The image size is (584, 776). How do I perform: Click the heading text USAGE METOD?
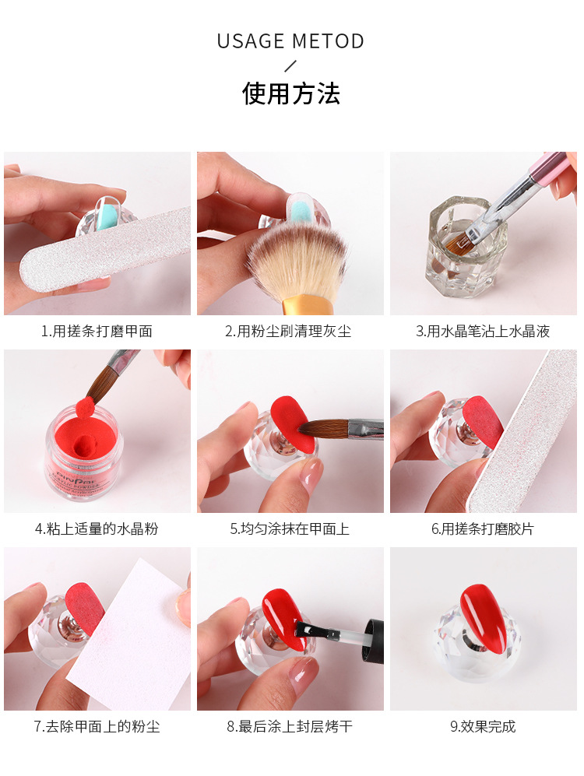290,41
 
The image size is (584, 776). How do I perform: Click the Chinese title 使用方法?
290,93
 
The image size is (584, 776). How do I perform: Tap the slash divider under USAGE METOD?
290,66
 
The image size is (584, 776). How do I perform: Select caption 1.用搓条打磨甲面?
97,331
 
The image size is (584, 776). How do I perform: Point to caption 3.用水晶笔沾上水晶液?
483,331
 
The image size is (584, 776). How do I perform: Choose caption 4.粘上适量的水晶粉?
97,528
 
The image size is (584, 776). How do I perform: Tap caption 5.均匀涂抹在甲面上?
290,528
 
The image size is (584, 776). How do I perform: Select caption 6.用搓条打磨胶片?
483,528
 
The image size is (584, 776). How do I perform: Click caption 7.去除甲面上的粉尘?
97,726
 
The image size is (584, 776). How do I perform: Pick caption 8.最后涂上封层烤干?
290,726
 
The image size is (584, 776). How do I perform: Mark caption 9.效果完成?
483,726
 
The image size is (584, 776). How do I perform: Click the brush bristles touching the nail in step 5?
320,428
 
